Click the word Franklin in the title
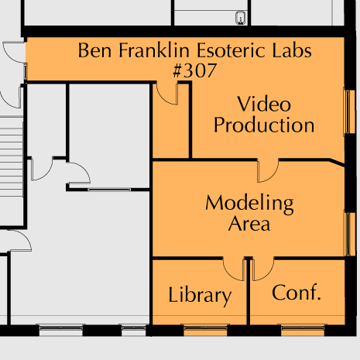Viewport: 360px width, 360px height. [x=154, y=50]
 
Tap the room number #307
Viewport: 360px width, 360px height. [x=194, y=70]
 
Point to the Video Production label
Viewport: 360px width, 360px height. [x=264, y=115]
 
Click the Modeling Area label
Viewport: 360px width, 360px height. [x=249, y=213]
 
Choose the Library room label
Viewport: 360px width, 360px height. [x=200, y=296]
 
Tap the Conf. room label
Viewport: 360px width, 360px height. [x=297, y=293]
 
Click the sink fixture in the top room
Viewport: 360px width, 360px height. [x=241, y=18]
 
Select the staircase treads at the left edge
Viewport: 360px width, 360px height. [x=12, y=156]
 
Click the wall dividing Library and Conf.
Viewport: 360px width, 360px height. [x=249, y=292]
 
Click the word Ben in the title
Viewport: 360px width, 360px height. [x=94, y=50]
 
